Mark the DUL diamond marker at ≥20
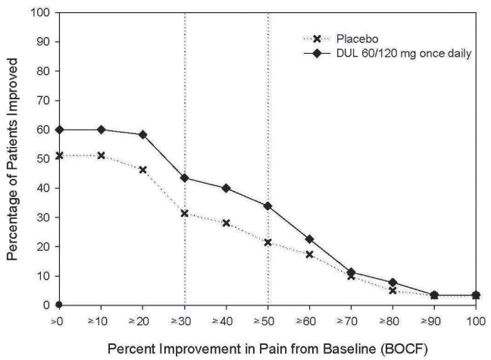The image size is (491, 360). pyautogui.click(x=143, y=135)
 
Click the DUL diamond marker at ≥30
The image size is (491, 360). pyautogui.click(x=185, y=178)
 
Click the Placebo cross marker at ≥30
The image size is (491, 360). pyautogui.click(x=185, y=213)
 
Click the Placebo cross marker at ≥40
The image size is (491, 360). pyautogui.click(x=227, y=223)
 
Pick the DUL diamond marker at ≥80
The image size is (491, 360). pyautogui.click(x=393, y=282)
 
